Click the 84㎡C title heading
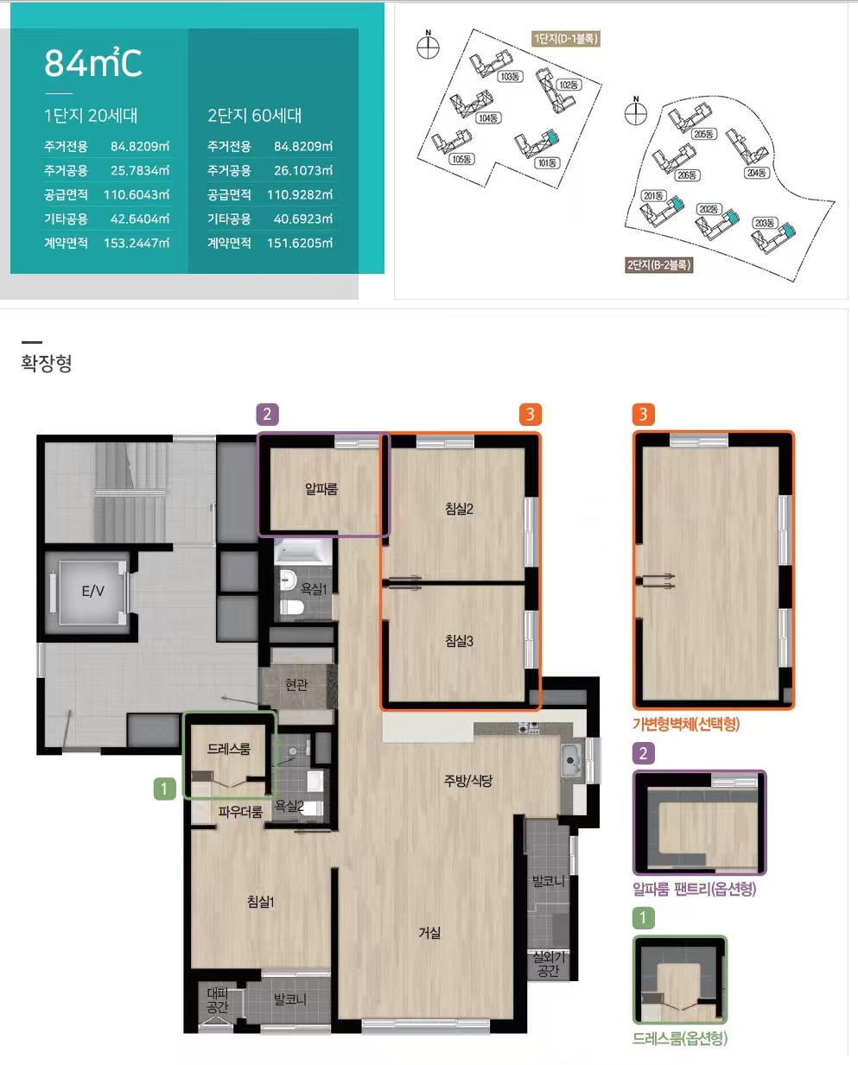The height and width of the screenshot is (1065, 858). coord(93,63)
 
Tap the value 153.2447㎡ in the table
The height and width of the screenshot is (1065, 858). coord(137,243)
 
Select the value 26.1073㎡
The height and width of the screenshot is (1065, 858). coord(303,170)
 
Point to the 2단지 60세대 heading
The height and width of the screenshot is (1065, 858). coord(255,116)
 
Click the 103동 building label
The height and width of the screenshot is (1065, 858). coord(510,76)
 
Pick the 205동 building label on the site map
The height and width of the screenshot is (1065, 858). coord(703,134)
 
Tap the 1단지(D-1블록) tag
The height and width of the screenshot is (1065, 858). coord(566,39)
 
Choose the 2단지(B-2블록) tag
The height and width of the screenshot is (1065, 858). coord(658,265)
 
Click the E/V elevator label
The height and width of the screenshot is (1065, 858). coord(92,591)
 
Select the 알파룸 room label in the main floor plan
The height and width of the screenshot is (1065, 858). coord(321,489)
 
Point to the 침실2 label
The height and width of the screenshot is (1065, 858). coord(459,509)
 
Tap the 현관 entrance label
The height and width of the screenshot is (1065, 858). coord(296,684)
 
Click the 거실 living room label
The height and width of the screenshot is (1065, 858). coord(429,933)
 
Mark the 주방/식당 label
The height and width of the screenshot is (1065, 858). coord(467,781)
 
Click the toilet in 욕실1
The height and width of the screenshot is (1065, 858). coord(291,607)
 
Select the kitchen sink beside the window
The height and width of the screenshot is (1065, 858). coord(571,761)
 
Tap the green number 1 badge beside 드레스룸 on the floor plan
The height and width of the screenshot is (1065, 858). coord(164,789)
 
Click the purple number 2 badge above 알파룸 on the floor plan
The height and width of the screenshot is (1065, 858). coord(267,415)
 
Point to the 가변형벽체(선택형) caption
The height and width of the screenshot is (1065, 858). coord(686,724)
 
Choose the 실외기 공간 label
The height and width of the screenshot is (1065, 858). coord(548,964)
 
